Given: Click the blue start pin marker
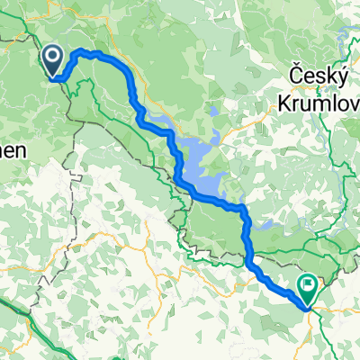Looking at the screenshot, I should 53,62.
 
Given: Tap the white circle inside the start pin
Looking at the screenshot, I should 53,58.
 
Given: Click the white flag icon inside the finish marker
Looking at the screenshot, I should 308,287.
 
